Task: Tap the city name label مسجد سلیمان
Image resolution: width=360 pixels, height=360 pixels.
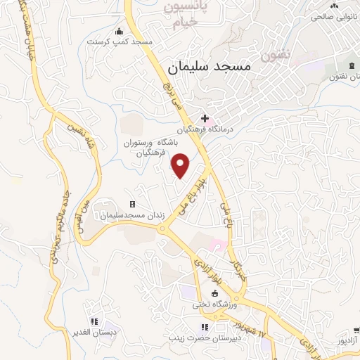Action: click(210, 67)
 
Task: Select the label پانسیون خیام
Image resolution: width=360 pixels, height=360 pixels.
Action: click(187, 15)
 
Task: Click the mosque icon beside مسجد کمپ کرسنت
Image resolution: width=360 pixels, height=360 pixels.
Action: click(119, 30)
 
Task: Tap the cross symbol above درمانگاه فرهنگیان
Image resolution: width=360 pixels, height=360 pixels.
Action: click(205, 119)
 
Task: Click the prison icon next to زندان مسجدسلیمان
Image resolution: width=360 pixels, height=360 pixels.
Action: click(131, 205)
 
